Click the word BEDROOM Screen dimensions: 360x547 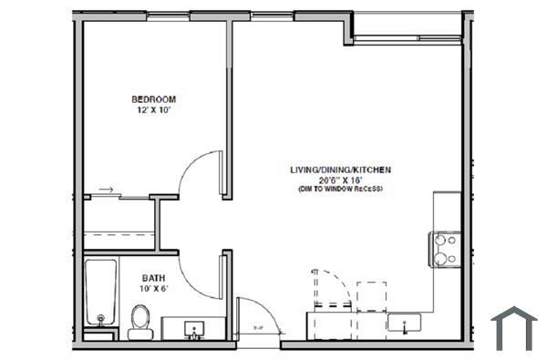153,98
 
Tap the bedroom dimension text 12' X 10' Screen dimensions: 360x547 153,109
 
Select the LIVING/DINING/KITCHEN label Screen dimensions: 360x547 338,170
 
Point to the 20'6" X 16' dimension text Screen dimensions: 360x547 338,180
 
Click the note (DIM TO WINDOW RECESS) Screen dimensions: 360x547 338,190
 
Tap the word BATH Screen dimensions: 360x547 153,278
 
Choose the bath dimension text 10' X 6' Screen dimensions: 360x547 153,289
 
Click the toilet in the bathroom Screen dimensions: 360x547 139,322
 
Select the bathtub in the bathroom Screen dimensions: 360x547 99,293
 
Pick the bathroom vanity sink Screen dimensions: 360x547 194,328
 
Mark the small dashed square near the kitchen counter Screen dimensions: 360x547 372,296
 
